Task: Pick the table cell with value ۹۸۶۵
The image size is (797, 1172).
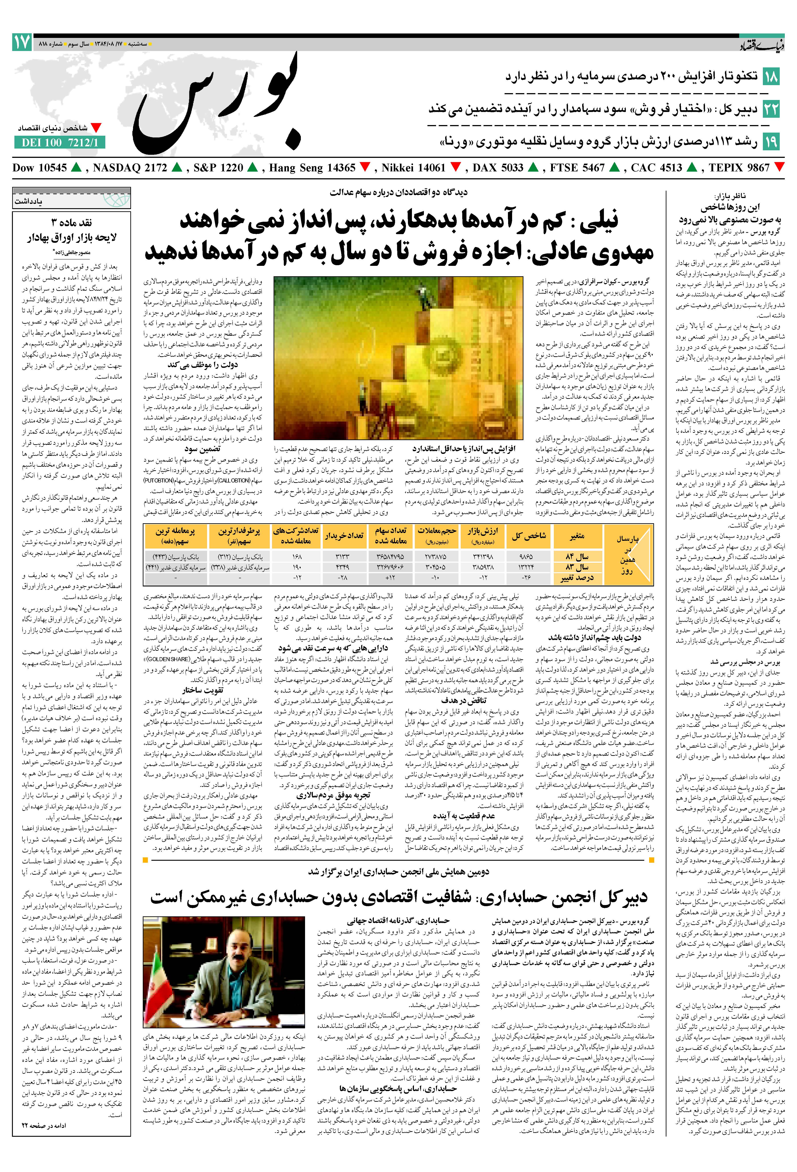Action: (x=526, y=556)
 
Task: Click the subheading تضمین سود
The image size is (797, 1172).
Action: (x=202, y=448)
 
